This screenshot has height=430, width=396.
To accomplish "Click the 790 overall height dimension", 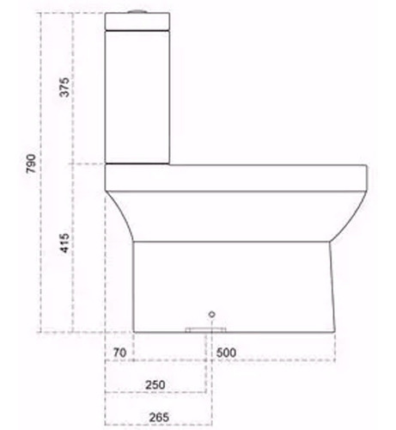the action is click(31, 163).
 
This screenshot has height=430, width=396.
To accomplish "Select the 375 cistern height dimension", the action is click(64, 87).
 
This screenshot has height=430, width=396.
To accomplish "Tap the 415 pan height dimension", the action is click(64, 243).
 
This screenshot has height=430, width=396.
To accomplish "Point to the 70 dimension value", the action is click(119, 353).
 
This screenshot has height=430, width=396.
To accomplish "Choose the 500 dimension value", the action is click(226, 353).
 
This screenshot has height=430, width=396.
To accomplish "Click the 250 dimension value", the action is click(155, 384).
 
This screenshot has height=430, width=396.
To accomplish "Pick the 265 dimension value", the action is click(159, 417).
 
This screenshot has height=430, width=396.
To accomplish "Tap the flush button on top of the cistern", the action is click(137, 11).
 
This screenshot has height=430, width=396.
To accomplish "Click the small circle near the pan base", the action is click(212, 314).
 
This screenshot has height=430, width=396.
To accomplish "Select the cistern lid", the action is click(137, 21).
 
